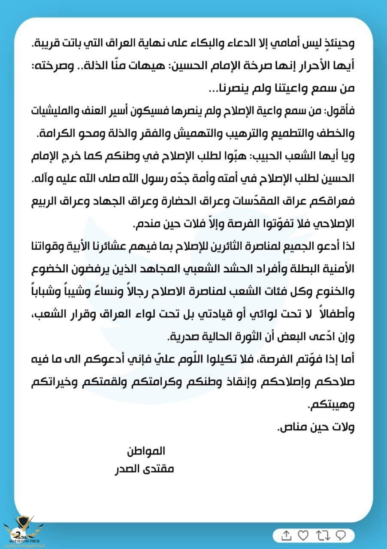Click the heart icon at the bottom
pos(303,535)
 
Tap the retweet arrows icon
pos(322,535)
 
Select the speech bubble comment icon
pos(341,535)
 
